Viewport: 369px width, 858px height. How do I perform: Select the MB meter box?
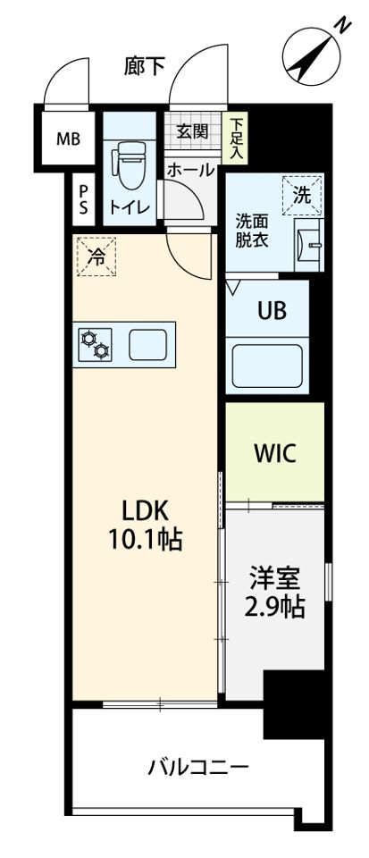pyautogui.click(x=68, y=139)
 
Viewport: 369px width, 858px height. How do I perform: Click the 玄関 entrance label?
pyautogui.click(x=191, y=132)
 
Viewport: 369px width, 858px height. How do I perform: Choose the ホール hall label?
pyautogui.click(x=189, y=170)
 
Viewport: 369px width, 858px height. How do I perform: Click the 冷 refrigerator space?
pyautogui.click(x=96, y=256)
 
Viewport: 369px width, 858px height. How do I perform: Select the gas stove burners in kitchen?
pyautogui.click(x=95, y=343)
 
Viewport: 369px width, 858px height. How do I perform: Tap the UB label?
pyautogui.click(x=271, y=312)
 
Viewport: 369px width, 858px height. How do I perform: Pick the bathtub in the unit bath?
pyautogui.click(x=268, y=365)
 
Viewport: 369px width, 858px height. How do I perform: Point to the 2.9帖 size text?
pyautogui.click(x=274, y=608)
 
